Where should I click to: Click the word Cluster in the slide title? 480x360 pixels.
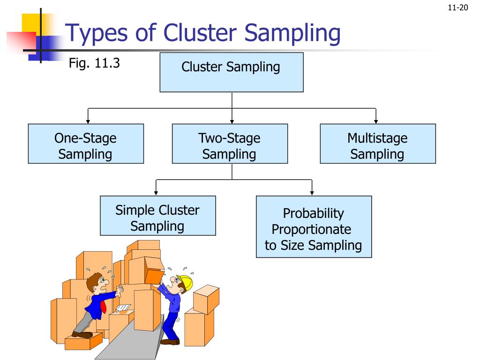pos(202,33)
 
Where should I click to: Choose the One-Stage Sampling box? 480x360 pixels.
pos(86,143)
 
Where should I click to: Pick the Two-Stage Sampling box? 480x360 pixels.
pos(230,143)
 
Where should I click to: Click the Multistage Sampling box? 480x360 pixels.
pos(377,143)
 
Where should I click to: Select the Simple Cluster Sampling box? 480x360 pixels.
pos(157,215)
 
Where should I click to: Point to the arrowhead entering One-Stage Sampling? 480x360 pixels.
pos(88,121)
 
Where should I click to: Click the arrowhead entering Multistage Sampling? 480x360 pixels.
pos(376,121)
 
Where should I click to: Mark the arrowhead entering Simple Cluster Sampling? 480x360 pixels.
pos(156,193)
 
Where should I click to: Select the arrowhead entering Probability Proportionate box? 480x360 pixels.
pos(312,193)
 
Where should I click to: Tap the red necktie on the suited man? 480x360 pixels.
pos(104,307)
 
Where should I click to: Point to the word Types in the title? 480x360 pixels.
pos(96,33)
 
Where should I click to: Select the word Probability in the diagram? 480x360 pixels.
pos(313,213)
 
